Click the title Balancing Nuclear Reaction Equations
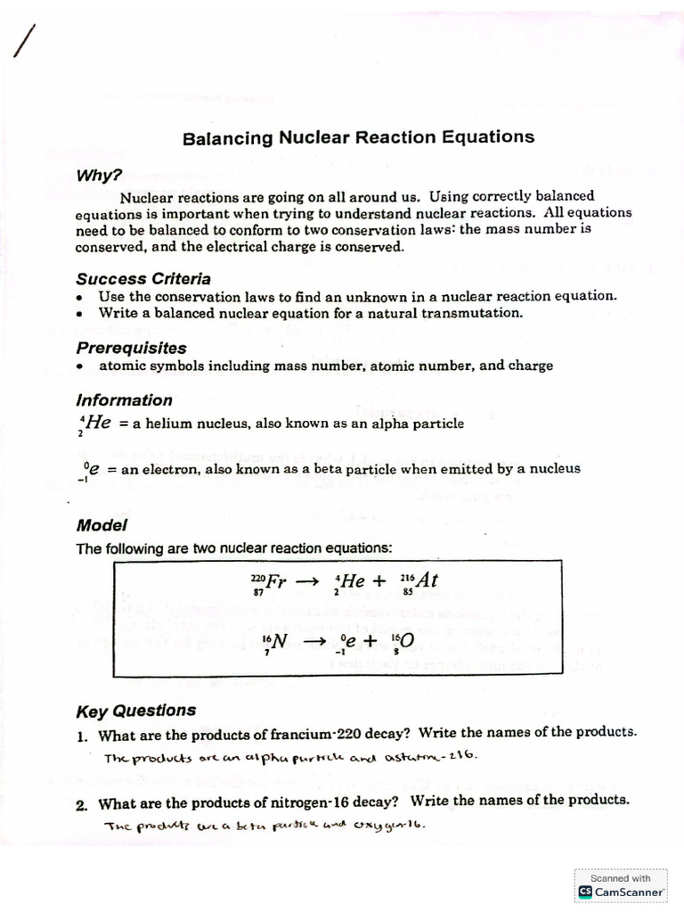(x=358, y=137)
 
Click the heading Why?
(x=99, y=176)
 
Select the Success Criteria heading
(x=143, y=278)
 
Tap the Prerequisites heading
(x=131, y=348)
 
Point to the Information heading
(x=124, y=400)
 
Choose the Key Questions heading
(x=135, y=711)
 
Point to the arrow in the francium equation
(x=306, y=581)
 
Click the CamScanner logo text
(x=629, y=891)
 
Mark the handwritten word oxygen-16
(x=391, y=825)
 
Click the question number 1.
(x=81, y=736)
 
